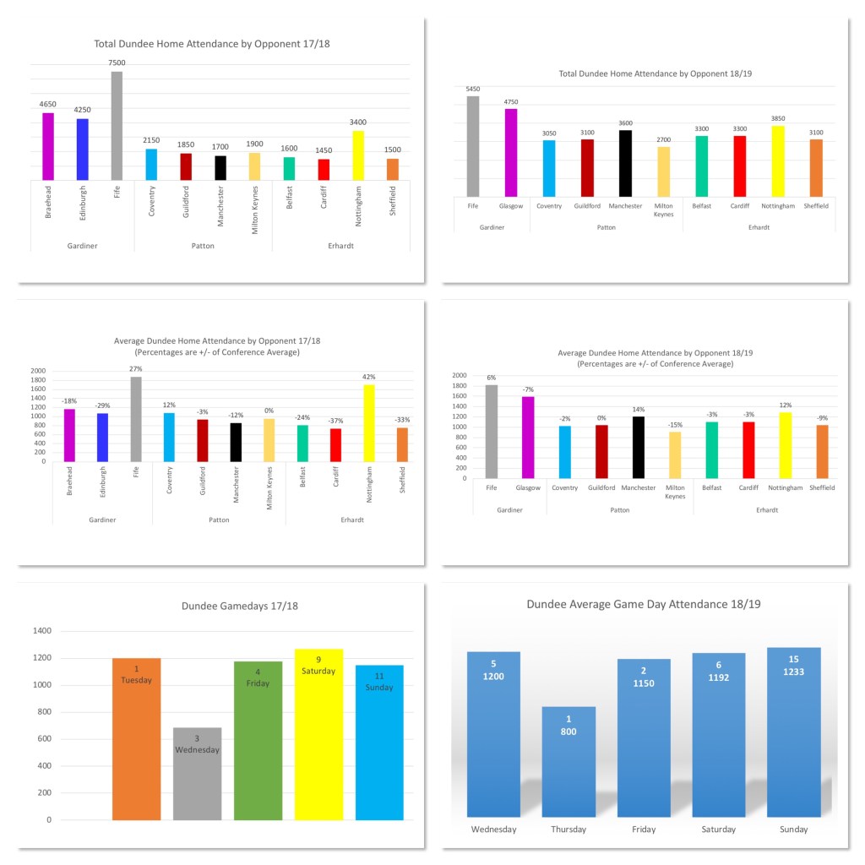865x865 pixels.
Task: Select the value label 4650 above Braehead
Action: [x=48, y=105]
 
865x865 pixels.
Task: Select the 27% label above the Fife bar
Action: [x=136, y=369]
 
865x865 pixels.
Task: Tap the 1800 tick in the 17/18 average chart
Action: [x=39, y=380]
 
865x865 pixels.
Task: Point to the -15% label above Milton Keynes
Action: [x=675, y=425]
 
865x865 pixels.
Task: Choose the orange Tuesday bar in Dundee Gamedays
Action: [x=136, y=738]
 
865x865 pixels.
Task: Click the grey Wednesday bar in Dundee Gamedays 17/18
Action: [x=197, y=773]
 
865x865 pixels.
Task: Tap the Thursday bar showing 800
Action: [x=569, y=762]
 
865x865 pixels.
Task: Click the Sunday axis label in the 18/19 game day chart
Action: [x=793, y=830]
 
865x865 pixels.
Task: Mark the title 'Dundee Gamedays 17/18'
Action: [x=240, y=606]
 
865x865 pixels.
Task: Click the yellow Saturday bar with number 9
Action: [x=318, y=734]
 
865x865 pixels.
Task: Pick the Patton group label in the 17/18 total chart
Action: [x=202, y=246]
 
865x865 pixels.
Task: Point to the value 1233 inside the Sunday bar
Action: [x=793, y=677]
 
